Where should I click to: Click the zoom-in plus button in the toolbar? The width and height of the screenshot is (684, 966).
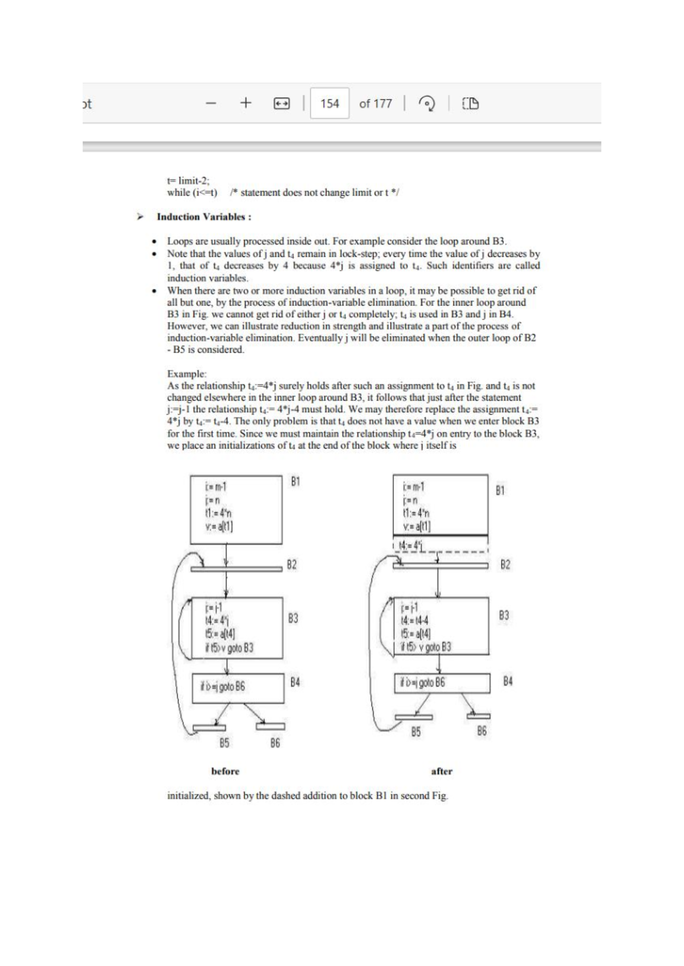(246, 103)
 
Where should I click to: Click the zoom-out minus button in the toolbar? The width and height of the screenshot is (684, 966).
(211, 104)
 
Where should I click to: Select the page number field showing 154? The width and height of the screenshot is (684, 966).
(329, 103)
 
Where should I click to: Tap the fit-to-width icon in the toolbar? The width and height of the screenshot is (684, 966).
(281, 104)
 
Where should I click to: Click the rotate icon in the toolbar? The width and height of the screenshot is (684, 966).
(426, 104)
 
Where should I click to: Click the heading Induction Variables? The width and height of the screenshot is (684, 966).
(204, 217)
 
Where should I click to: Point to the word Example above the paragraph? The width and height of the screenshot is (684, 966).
(186, 374)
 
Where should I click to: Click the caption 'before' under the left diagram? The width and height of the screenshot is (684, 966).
(225, 771)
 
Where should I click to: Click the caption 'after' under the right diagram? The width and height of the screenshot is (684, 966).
(442, 771)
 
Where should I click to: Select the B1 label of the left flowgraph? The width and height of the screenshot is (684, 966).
(295, 482)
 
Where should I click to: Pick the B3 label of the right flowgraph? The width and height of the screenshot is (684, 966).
(504, 615)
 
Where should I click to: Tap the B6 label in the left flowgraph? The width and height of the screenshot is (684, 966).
(275, 743)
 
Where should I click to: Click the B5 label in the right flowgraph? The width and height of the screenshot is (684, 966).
(416, 732)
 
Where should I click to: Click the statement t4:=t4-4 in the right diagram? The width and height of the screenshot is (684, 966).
(415, 620)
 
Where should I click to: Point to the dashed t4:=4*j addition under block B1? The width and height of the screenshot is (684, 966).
(412, 546)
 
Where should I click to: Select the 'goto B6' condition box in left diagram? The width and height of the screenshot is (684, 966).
(238, 687)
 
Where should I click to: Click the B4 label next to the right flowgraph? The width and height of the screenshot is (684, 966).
(508, 681)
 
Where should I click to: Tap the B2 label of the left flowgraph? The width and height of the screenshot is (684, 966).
(292, 565)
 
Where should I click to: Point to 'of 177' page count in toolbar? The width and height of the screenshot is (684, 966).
(375, 104)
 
